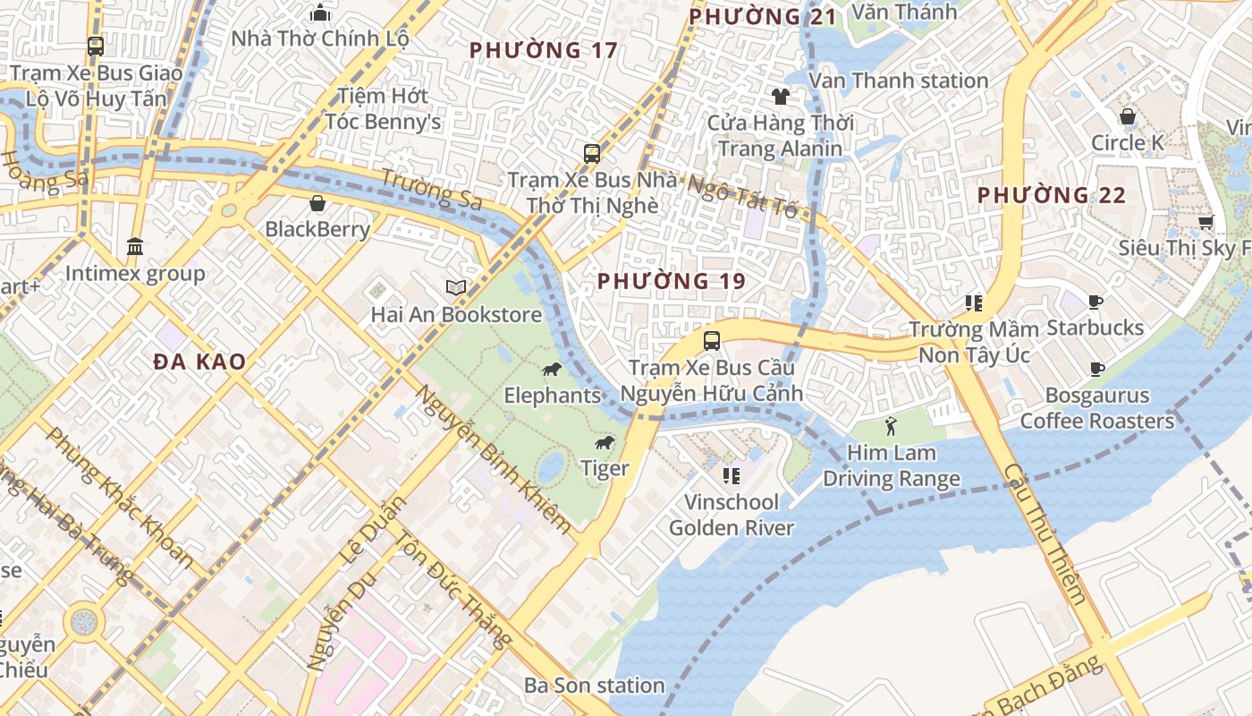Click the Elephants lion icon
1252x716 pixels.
(x=552, y=370)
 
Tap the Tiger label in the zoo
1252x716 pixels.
(x=605, y=467)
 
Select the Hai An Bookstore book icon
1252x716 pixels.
(x=456, y=288)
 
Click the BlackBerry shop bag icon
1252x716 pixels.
(x=317, y=203)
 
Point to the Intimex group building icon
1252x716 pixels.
(x=135, y=246)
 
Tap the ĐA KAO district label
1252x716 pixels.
(x=199, y=362)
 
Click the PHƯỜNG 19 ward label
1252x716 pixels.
(x=671, y=281)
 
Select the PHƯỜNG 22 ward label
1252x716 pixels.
(x=1051, y=195)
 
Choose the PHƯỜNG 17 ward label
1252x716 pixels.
(x=543, y=50)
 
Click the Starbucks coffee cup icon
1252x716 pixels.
(x=1095, y=303)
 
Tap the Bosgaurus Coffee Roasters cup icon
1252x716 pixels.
(x=1096, y=369)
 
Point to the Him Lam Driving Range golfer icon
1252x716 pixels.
(x=890, y=426)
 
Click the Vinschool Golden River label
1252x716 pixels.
(x=732, y=515)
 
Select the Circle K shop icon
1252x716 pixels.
(x=1128, y=116)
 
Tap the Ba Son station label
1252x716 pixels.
(x=594, y=686)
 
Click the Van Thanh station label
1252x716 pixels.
(x=898, y=81)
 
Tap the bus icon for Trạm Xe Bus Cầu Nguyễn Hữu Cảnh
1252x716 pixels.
(x=712, y=341)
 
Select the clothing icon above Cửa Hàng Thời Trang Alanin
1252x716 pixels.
(x=781, y=97)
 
